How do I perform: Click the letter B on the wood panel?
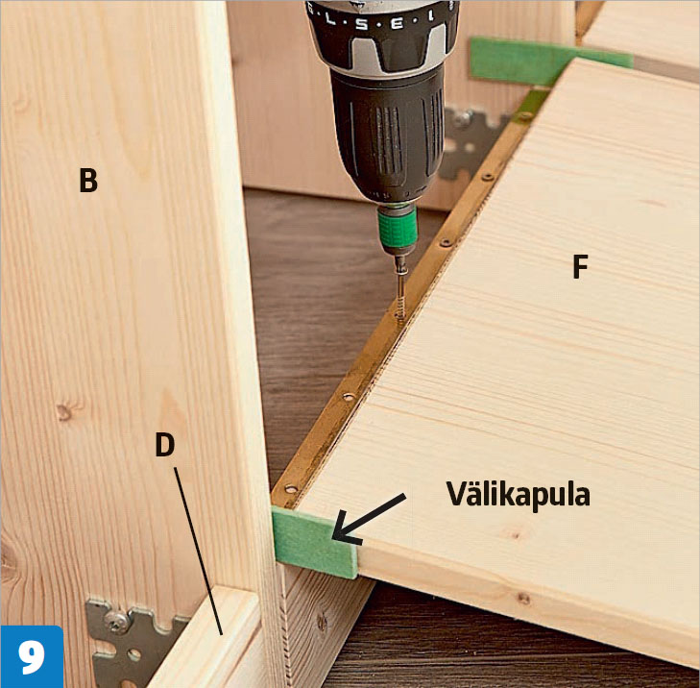tap(88, 180)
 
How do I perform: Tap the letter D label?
tap(165, 444)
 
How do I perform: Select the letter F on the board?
tap(580, 266)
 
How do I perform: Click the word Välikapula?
tap(518, 495)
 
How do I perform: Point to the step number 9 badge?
tap(32, 656)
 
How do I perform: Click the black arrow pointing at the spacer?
tap(369, 519)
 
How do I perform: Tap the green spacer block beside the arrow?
tap(314, 542)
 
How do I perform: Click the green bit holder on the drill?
tap(397, 228)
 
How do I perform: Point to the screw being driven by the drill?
tap(400, 288)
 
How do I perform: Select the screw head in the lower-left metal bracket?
tap(116, 623)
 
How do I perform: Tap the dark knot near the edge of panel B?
tap(63, 412)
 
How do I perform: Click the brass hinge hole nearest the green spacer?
tap(291, 489)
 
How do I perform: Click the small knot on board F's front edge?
tap(523, 599)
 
